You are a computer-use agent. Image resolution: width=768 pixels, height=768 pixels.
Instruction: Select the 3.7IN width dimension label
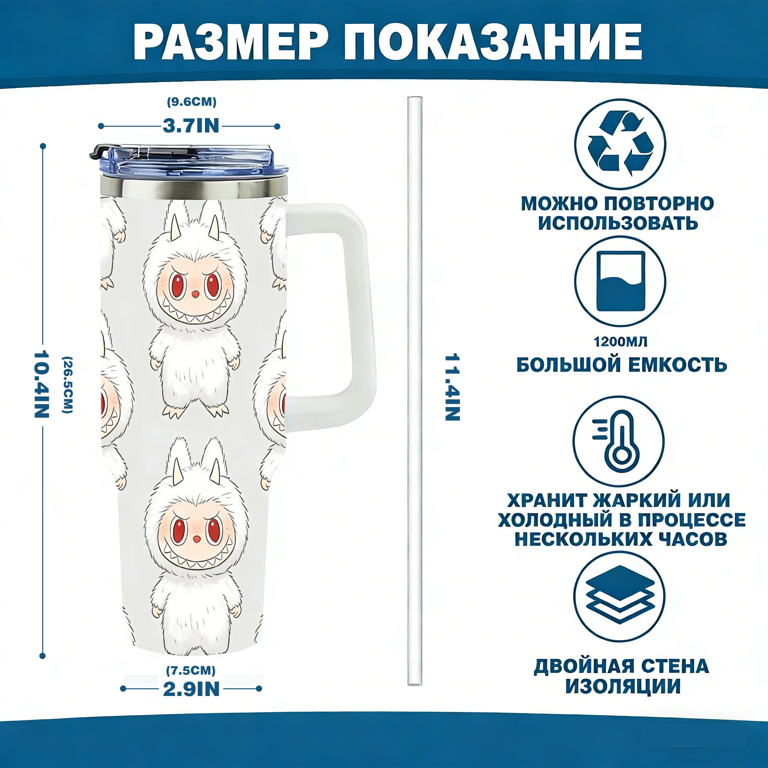pos(191,126)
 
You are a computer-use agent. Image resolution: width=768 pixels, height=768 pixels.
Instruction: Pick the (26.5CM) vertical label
pos(68,384)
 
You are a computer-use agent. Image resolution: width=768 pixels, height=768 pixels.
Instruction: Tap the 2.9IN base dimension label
pos(191,689)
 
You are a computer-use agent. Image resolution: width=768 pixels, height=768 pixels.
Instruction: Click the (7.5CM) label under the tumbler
pos(191,670)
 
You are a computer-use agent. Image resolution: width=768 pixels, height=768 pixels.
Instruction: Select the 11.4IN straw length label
pos(452,387)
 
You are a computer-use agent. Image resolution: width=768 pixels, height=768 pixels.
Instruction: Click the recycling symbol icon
pos(620,144)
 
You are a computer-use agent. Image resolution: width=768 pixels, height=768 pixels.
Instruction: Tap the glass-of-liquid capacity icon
pos(620,282)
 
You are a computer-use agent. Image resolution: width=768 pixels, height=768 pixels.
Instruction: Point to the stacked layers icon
pos(620,597)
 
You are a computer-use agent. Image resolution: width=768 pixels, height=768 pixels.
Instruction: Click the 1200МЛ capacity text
pos(620,342)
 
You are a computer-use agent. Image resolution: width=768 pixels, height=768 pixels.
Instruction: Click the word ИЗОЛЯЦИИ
pos(623,686)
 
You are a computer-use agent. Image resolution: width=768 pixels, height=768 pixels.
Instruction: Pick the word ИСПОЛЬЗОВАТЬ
pos(618,223)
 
